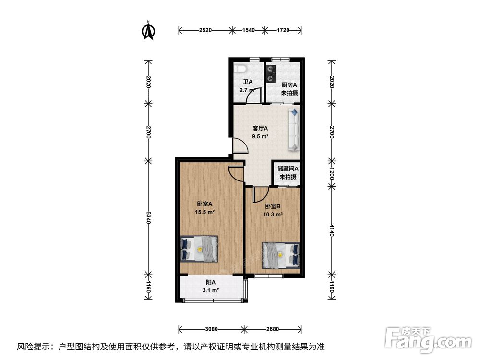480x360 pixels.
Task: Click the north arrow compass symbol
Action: [148, 31]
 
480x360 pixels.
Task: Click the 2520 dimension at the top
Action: [205, 30]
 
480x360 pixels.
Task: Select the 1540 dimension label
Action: [249, 30]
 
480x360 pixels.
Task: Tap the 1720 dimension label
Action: [283, 30]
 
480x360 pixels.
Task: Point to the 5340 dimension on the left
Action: [148, 217]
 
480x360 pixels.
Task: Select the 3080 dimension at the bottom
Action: [211, 329]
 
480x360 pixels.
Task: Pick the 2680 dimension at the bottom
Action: [273, 329]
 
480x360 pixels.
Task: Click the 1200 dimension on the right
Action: [332, 173]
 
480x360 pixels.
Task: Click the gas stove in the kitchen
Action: [271, 74]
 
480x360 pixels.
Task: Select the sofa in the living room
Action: [294, 130]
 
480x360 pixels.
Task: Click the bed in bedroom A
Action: [199, 248]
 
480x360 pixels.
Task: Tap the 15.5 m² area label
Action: [204, 212]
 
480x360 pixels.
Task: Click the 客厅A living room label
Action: [260, 128]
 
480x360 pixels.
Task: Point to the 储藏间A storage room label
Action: [288, 168]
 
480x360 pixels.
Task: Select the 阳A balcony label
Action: [211, 282]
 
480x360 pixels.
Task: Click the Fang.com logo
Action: [428, 339]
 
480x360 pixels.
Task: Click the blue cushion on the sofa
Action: [294, 112]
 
